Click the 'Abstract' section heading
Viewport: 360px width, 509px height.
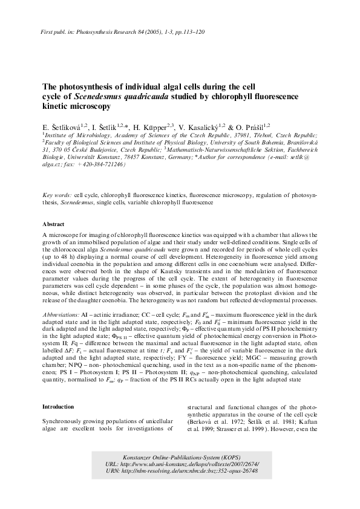tap(55, 224)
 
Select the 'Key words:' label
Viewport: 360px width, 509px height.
tap(57, 196)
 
